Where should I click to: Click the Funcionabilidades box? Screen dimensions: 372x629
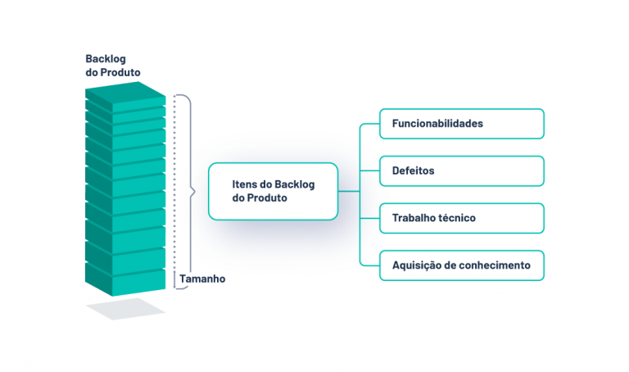tap(462, 124)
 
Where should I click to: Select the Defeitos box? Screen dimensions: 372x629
tap(462, 171)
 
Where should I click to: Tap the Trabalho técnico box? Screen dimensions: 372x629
tap(462, 218)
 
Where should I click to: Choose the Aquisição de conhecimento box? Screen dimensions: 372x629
tap(462, 265)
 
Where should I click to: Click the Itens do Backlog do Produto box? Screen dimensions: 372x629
tap(273, 191)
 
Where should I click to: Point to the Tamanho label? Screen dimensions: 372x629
tap(201, 279)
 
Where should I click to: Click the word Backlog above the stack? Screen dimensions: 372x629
tap(106, 59)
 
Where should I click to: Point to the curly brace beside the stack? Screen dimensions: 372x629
tap(191, 193)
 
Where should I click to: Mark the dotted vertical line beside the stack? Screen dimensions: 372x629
tap(174, 188)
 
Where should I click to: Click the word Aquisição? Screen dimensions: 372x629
tap(416, 265)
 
